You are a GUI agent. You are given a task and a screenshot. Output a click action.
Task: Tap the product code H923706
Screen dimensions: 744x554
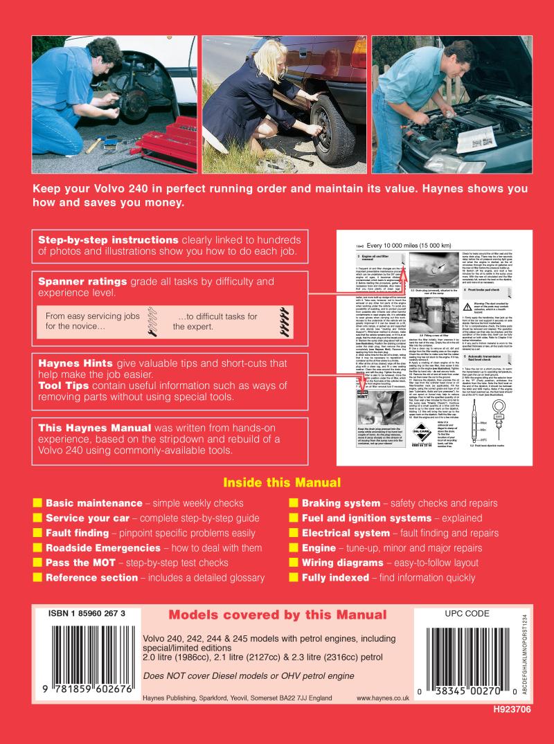pos(518,729)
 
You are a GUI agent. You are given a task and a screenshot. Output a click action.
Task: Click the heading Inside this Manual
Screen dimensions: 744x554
pos(281,482)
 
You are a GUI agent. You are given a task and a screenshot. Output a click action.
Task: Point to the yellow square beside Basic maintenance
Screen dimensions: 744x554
pos(37,503)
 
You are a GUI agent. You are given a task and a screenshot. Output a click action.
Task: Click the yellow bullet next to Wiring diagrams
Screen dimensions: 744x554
pos(294,563)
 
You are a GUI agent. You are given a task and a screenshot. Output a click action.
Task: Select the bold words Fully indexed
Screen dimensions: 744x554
pos(335,578)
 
